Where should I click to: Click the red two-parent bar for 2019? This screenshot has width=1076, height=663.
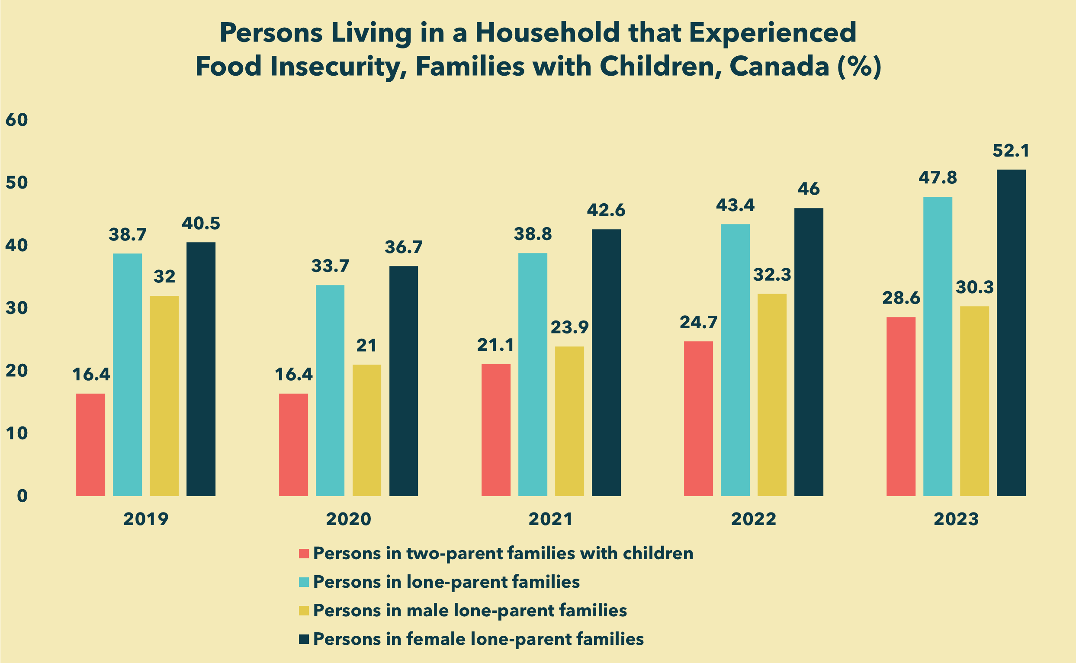[x=90, y=445]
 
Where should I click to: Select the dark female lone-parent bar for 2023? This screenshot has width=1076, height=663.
[x=1012, y=333]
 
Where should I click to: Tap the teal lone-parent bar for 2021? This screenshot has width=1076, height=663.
[x=533, y=375]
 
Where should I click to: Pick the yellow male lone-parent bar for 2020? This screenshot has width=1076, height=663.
[x=367, y=430]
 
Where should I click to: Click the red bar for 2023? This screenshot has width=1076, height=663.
[x=901, y=407]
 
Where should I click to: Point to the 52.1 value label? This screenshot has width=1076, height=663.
[x=1011, y=151]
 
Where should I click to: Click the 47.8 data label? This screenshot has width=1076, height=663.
[x=938, y=178]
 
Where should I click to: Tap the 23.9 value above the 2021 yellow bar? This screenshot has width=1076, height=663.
[x=569, y=327]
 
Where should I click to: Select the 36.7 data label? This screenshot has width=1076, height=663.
[x=404, y=247]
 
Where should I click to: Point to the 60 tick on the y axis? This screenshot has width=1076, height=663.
[x=17, y=120]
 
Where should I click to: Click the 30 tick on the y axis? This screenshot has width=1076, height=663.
[x=17, y=308]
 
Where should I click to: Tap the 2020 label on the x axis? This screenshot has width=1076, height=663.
[x=349, y=519]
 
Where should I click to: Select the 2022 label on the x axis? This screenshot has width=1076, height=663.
[x=754, y=519]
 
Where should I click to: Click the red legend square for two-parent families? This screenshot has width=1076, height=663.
[x=304, y=554]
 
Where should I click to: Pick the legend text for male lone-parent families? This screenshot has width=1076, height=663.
[x=470, y=610]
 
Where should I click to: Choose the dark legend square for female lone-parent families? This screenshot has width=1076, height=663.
[x=304, y=639]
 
